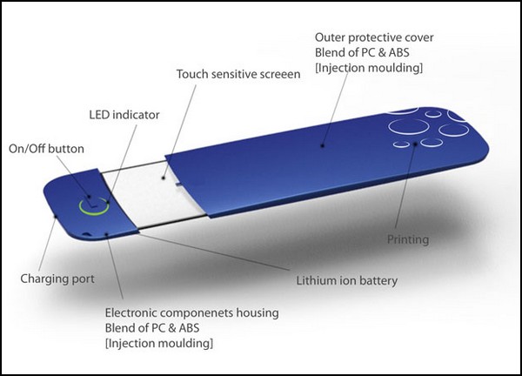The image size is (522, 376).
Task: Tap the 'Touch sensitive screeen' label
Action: point(238,75)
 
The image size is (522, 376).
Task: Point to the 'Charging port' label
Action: point(57,279)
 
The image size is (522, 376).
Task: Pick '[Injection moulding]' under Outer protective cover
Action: point(369,67)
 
